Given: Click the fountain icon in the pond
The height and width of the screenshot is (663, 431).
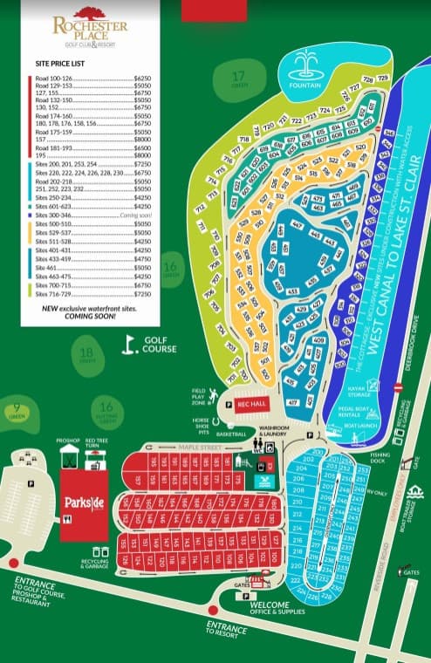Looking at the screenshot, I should (305, 65).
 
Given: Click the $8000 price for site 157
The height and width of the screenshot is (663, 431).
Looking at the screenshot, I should (142, 139).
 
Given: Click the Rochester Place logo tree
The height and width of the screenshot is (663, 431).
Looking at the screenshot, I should (89, 12).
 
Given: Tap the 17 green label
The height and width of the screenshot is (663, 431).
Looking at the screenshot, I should (237, 78).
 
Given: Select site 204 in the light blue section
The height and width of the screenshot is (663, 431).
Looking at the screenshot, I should (301, 468).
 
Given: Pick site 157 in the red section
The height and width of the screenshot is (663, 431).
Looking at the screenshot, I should (139, 480).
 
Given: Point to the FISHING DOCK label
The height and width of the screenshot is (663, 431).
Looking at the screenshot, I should (379, 456).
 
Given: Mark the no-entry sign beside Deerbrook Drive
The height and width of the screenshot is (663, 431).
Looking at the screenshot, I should (398, 386).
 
